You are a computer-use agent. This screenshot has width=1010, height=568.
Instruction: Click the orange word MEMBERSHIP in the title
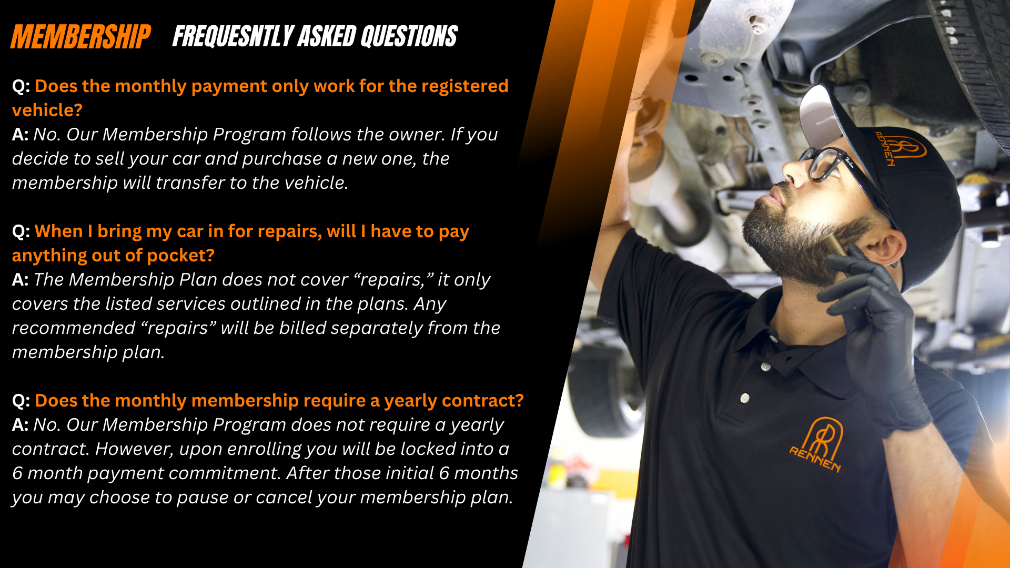click(x=80, y=37)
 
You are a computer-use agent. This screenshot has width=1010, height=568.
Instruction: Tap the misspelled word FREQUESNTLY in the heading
click(x=233, y=37)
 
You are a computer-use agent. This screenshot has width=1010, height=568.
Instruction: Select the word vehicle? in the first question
click(x=47, y=110)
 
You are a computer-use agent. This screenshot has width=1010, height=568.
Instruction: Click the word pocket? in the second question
click(x=180, y=256)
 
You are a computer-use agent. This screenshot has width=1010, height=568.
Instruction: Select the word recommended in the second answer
click(x=74, y=328)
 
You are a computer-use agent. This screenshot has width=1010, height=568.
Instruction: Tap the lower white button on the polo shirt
click(x=745, y=398)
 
